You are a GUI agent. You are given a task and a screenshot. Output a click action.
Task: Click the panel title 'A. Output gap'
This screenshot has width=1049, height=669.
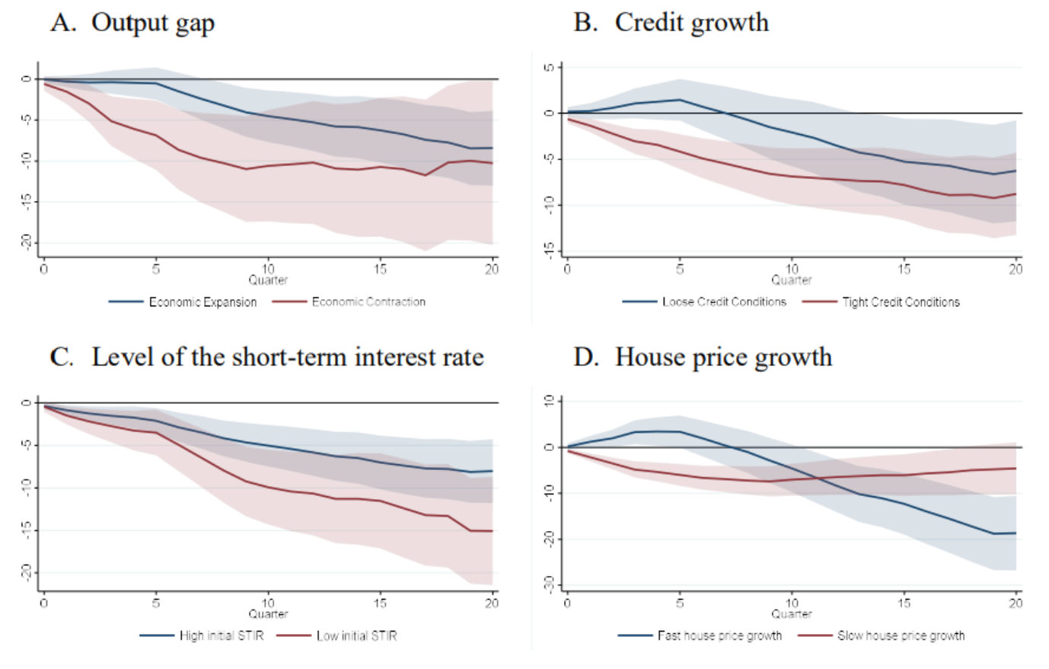(132, 24)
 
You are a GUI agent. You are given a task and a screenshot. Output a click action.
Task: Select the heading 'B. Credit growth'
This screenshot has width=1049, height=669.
(671, 24)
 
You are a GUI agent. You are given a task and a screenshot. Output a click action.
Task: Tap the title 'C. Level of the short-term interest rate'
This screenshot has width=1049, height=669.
(266, 357)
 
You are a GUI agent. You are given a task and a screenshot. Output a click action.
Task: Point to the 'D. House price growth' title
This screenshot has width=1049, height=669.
(703, 358)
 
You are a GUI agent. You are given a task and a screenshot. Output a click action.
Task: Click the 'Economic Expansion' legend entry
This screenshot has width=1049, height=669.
(202, 302)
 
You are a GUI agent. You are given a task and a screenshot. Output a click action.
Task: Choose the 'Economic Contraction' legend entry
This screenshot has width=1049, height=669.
(368, 302)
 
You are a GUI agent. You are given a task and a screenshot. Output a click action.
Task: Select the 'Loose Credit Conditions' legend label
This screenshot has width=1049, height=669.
(724, 302)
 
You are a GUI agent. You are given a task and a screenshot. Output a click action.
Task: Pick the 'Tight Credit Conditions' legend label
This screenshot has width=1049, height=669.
(901, 302)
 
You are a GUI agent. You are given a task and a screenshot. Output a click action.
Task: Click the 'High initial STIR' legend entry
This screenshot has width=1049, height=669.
(222, 635)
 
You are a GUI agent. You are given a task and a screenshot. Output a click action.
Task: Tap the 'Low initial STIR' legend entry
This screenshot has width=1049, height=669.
(357, 635)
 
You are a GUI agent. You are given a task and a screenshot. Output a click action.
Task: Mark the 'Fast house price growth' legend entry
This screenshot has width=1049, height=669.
(720, 635)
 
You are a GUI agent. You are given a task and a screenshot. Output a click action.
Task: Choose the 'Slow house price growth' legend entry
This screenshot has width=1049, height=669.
(901, 635)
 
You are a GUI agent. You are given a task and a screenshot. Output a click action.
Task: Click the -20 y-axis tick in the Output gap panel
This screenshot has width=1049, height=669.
(27, 242)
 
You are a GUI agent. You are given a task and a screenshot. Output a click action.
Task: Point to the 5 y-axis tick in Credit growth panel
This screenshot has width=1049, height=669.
(550, 68)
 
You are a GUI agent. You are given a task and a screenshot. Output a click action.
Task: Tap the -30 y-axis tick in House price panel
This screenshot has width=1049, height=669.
(550, 584)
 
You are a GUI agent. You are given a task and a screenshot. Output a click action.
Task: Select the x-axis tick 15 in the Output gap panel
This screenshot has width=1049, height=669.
(380, 269)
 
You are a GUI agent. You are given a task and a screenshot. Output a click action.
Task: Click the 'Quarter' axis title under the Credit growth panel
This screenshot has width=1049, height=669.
(792, 280)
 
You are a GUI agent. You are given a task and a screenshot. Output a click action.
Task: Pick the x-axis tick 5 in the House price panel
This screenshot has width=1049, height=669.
(680, 603)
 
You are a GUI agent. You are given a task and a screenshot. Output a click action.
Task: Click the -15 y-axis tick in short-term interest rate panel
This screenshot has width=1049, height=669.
(27, 530)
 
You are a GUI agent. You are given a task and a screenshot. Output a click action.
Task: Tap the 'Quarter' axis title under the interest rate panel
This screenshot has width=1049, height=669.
(268, 614)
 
